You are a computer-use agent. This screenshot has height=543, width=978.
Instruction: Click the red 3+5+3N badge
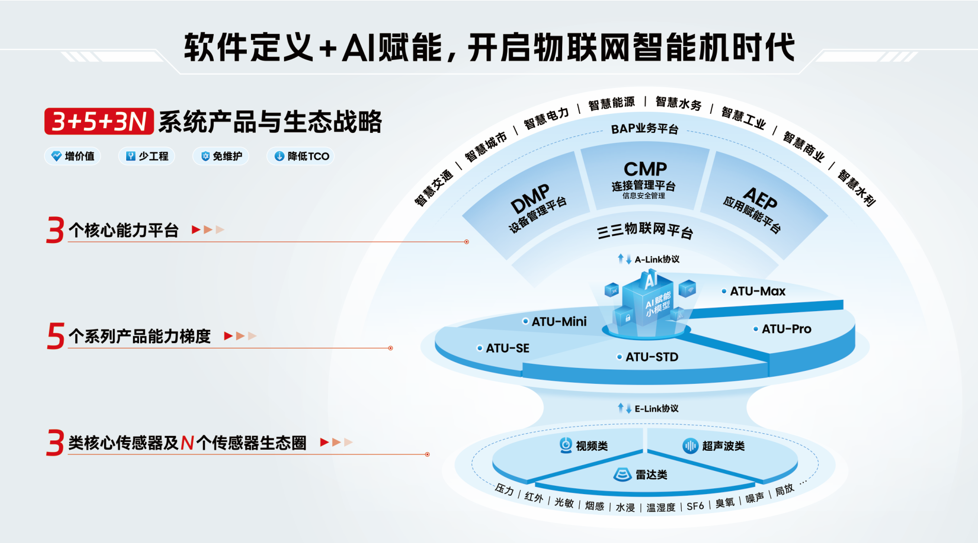point(99,122)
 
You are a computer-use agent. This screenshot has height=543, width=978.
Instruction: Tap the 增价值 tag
point(73,156)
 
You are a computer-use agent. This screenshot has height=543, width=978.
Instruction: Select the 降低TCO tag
point(301,156)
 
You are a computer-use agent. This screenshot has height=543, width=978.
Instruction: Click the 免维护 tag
point(221,156)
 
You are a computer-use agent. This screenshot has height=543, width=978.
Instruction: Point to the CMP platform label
point(645,169)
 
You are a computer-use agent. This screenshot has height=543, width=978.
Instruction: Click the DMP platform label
point(530,198)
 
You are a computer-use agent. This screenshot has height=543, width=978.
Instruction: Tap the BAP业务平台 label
point(645,129)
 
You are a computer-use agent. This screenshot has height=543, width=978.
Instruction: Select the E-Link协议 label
point(655,409)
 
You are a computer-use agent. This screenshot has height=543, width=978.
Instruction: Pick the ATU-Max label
point(757,292)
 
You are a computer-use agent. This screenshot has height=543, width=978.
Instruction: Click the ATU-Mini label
point(559,321)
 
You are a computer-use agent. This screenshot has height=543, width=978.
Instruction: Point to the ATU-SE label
point(507,348)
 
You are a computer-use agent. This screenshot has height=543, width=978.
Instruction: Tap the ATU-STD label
point(651,357)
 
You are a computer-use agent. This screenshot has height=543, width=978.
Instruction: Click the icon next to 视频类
point(566,445)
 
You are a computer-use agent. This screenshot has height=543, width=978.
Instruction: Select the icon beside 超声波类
point(690,446)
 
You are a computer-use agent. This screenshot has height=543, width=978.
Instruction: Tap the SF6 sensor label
point(695,506)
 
